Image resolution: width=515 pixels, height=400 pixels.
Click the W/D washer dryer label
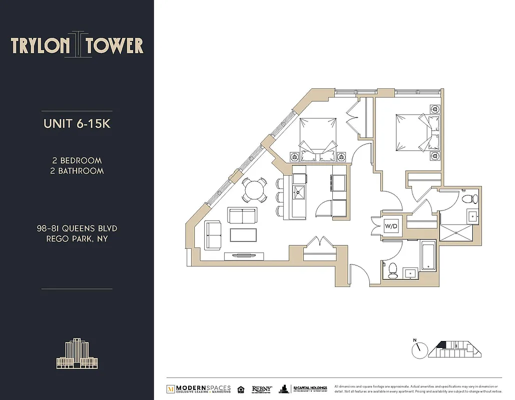coord(391,226)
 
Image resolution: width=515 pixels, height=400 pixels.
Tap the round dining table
coord(254,190)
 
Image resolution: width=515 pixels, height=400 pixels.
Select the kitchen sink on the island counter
coord(300,190)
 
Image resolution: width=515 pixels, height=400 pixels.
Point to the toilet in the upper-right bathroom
coord(468,199)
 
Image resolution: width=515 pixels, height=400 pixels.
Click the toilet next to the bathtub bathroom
coord(392,270)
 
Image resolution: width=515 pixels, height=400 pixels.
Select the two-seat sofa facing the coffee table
coord(242,216)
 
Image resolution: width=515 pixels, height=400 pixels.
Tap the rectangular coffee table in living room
coord(243,234)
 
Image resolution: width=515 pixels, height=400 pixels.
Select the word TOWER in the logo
coord(115,46)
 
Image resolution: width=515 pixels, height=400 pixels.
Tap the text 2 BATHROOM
coord(78,170)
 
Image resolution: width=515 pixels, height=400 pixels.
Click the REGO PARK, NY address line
coord(77,238)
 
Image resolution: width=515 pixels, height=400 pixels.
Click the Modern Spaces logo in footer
coord(198,389)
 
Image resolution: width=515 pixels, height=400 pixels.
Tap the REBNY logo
coord(262,389)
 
